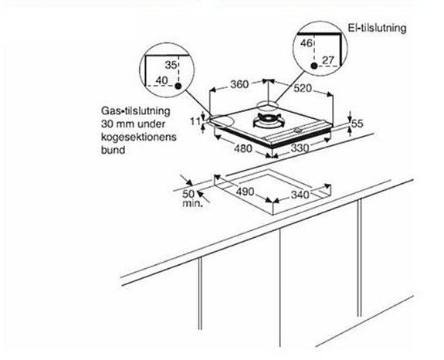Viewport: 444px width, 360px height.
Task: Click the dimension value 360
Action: pos(238,85)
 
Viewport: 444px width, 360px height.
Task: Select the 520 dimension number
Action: pos(301,90)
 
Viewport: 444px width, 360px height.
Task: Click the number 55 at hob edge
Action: pos(357,123)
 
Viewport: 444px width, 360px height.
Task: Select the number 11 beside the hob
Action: pos(195,121)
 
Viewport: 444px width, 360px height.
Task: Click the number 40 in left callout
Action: pos(162,81)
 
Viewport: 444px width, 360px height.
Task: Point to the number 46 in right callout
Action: pos(306,44)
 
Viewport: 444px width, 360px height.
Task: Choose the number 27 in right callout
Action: pos(328,59)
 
